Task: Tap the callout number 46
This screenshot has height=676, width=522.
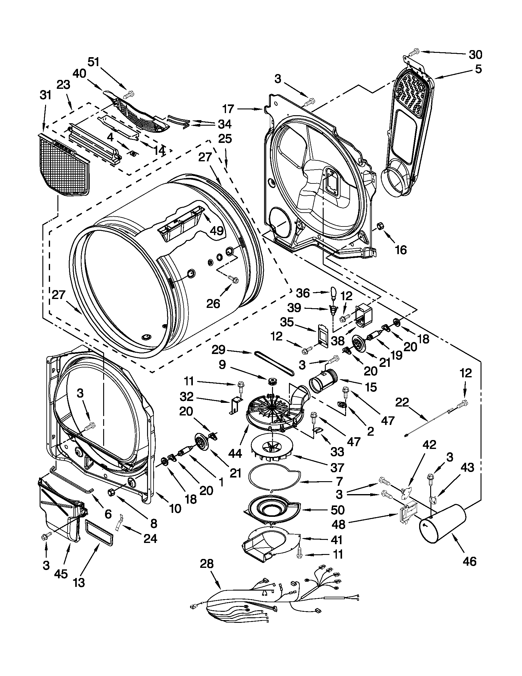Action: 469,561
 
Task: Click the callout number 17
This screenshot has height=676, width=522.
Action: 229,109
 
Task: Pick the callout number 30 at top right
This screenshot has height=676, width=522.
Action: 475,55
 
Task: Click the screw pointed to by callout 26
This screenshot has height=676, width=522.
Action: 234,280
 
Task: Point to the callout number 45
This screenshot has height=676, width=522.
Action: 60,574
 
